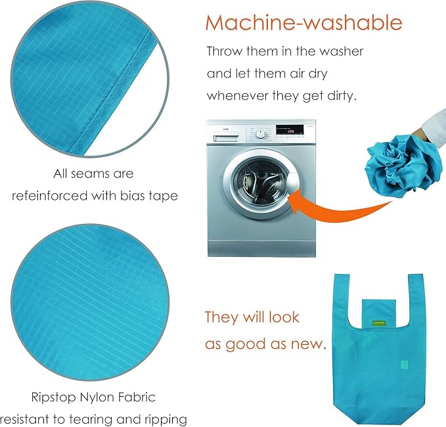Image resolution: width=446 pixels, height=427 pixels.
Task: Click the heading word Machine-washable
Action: [303, 22]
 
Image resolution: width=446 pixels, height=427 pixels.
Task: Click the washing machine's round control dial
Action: [261, 134]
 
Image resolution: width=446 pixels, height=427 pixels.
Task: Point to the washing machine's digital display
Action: [290, 130]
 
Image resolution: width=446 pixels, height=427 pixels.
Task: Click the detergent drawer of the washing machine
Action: [226, 138]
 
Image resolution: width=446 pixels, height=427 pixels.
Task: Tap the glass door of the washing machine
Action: [259, 183]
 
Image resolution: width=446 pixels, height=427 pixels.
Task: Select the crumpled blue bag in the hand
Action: [404, 166]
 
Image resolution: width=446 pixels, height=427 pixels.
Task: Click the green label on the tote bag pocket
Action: [379, 323]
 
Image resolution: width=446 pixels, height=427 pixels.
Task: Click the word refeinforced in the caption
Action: [49, 196]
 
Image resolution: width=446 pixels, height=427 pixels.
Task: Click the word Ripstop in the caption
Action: [54, 397]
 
